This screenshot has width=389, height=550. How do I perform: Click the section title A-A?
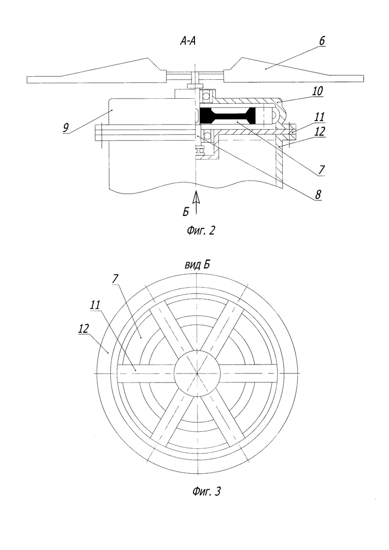click(188, 41)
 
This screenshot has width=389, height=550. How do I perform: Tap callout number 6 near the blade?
click(322, 41)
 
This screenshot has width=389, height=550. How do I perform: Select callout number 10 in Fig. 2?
click(318, 91)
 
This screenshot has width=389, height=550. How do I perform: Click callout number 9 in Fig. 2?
click(66, 128)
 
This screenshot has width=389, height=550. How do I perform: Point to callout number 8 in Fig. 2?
click(318, 194)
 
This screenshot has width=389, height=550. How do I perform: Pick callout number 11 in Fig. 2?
click(320, 117)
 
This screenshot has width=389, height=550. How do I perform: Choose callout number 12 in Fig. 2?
click(320, 131)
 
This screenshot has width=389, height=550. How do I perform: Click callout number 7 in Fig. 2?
click(322, 170)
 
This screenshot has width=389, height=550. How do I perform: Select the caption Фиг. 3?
click(206, 492)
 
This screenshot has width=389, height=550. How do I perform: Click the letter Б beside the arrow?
click(186, 212)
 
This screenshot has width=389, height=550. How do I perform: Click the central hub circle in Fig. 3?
click(197, 373)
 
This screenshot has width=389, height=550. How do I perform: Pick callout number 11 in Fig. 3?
click(95, 305)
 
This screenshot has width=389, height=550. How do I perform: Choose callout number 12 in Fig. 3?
click(84, 329)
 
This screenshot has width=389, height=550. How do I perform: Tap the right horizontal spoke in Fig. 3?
click(249, 373)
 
